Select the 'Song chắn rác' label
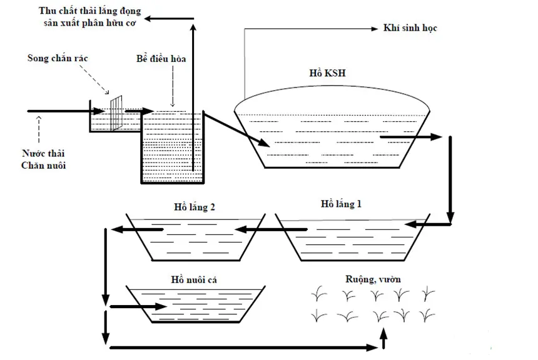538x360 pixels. (58, 58)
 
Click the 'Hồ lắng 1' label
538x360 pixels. (341, 204)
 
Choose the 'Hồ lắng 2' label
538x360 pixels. (195, 207)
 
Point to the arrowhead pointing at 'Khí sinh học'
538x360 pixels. (375, 29)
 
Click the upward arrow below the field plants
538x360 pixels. (383, 337)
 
